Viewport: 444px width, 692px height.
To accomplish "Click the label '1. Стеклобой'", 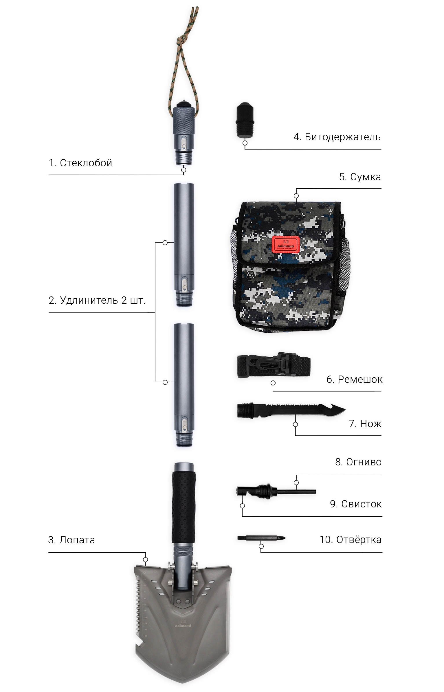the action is (80, 163).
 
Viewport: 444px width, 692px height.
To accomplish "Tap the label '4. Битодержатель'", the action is (337, 137).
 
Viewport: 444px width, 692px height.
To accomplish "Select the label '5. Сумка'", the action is (360, 177).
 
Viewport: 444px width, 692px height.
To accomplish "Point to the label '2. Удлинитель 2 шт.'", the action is (97, 300).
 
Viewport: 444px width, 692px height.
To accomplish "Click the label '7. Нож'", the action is (365, 424).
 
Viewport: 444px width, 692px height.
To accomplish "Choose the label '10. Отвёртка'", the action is (350, 540).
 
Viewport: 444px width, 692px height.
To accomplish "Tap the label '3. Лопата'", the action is (71, 540).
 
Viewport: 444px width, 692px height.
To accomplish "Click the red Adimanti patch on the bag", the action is (286, 244).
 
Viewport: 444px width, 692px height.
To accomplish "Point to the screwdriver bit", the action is (261, 538).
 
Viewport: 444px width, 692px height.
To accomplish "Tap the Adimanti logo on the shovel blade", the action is (183, 624).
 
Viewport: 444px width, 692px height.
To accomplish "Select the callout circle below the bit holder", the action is (245, 143).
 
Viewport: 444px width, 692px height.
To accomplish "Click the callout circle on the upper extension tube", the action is (165, 243).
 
